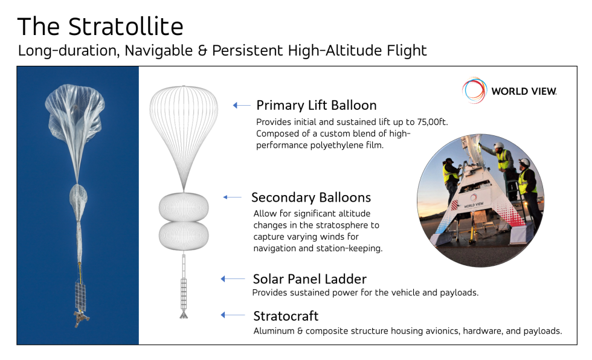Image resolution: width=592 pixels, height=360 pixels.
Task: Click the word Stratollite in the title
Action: point(126,27)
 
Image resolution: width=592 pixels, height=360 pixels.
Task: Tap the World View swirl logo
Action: point(474,90)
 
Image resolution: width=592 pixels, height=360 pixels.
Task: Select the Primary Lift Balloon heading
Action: point(317,105)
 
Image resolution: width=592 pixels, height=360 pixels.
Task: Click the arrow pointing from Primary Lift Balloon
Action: point(242,105)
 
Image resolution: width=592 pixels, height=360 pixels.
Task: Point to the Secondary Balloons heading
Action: point(311,198)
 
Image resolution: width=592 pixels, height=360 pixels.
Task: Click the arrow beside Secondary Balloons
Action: point(232,197)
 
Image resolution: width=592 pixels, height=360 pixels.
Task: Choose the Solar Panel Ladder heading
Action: point(309,279)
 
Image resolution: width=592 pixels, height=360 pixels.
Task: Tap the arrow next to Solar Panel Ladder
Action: point(233,279)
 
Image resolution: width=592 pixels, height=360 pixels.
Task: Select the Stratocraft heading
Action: point(286,316)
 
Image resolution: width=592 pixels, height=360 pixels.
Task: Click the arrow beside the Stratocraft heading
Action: point(233,315)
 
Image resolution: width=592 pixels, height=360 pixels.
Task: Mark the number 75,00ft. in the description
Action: point(433,122)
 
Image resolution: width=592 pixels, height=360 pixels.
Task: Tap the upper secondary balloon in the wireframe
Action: point(184,207)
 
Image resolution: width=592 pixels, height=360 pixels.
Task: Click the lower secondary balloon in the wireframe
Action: point(184,236)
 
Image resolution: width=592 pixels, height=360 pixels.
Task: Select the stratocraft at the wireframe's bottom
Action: point(184,314)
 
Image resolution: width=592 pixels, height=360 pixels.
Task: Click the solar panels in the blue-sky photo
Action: point(80,295)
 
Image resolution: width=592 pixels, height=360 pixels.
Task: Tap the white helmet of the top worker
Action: point(499,146)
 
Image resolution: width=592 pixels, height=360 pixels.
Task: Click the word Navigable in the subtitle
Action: point(158,51)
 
